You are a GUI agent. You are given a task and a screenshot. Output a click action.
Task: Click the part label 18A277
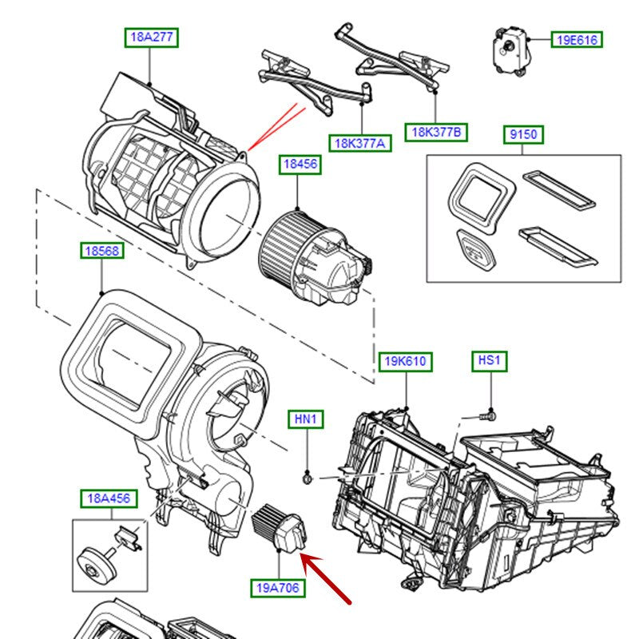click(151, 38)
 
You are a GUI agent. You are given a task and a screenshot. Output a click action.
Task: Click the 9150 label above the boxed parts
click(523, 135)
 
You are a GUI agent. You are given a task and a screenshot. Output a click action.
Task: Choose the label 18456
click(299, 165)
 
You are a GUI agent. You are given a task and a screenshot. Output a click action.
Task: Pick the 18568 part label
click(102, 252)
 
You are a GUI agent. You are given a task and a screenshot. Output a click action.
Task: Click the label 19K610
click(406, 362)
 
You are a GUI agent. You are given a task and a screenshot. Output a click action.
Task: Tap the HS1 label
click(488, 362)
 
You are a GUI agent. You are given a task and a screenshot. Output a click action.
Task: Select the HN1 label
click(308, 419)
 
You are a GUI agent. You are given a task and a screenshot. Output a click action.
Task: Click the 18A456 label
click(109, 499)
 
